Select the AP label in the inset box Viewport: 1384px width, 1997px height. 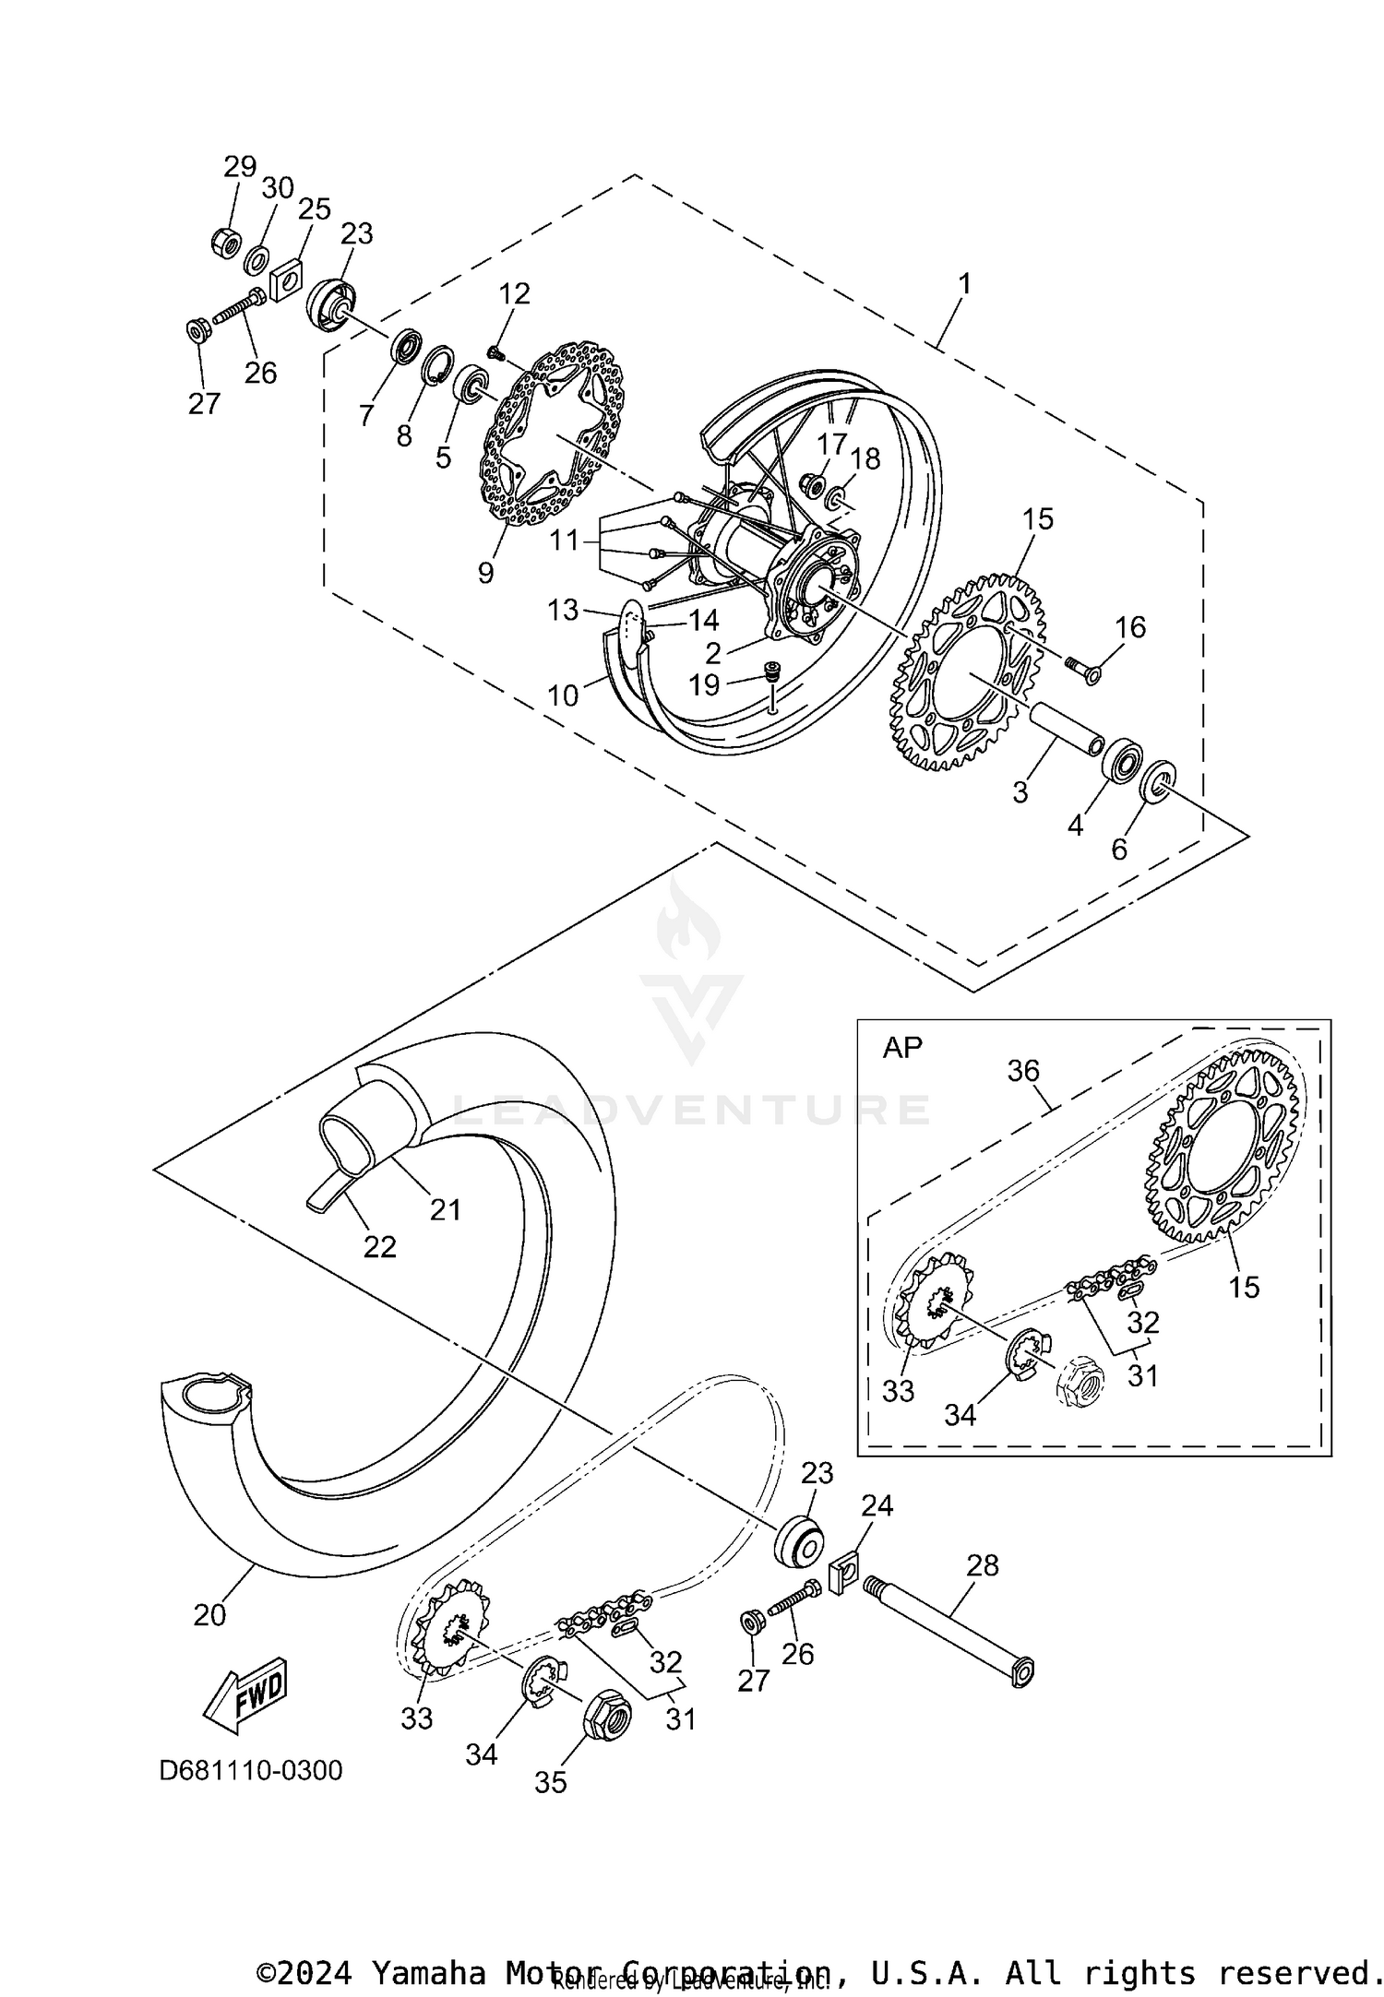pyautogui.click(x=901, y=1048)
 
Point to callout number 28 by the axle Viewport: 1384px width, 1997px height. pyautogui.click(x=983, y=1565)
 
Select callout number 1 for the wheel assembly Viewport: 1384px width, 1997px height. pyautogui.click(x=964, y=284)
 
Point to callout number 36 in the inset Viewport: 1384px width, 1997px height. pyautogui.click(x=1023, y=1071)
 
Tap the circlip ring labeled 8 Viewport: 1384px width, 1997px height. pyautogui.click(x=438, y=366)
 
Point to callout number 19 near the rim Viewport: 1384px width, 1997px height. pyautogui.click(x=705, y=684)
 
